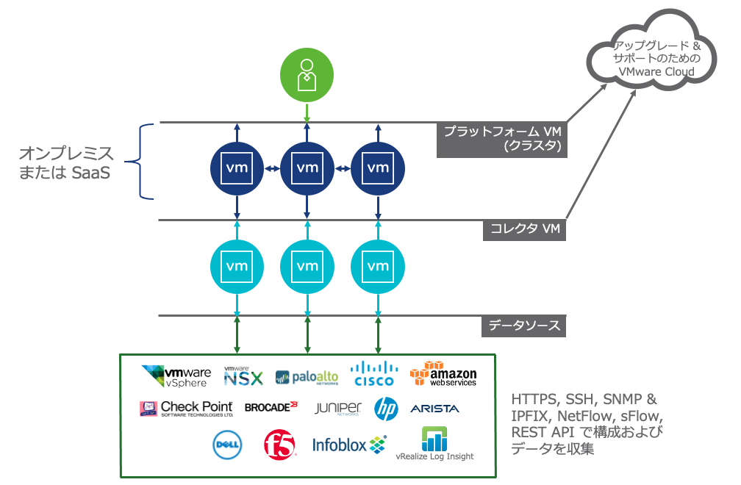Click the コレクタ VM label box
coord(525,230)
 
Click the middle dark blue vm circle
coord(307,168)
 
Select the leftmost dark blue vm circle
coord(237,168)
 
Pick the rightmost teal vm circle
coord(377,265)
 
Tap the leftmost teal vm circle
coord(237,265)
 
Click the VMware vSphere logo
coord(176,376)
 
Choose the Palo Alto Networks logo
coord(307,377)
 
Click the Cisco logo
coord(373,374)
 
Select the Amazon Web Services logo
coord(443,374)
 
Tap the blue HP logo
coord(386,408)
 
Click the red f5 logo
coord(279,444)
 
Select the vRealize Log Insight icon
coord(434,439)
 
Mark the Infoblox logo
coord(348,444)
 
